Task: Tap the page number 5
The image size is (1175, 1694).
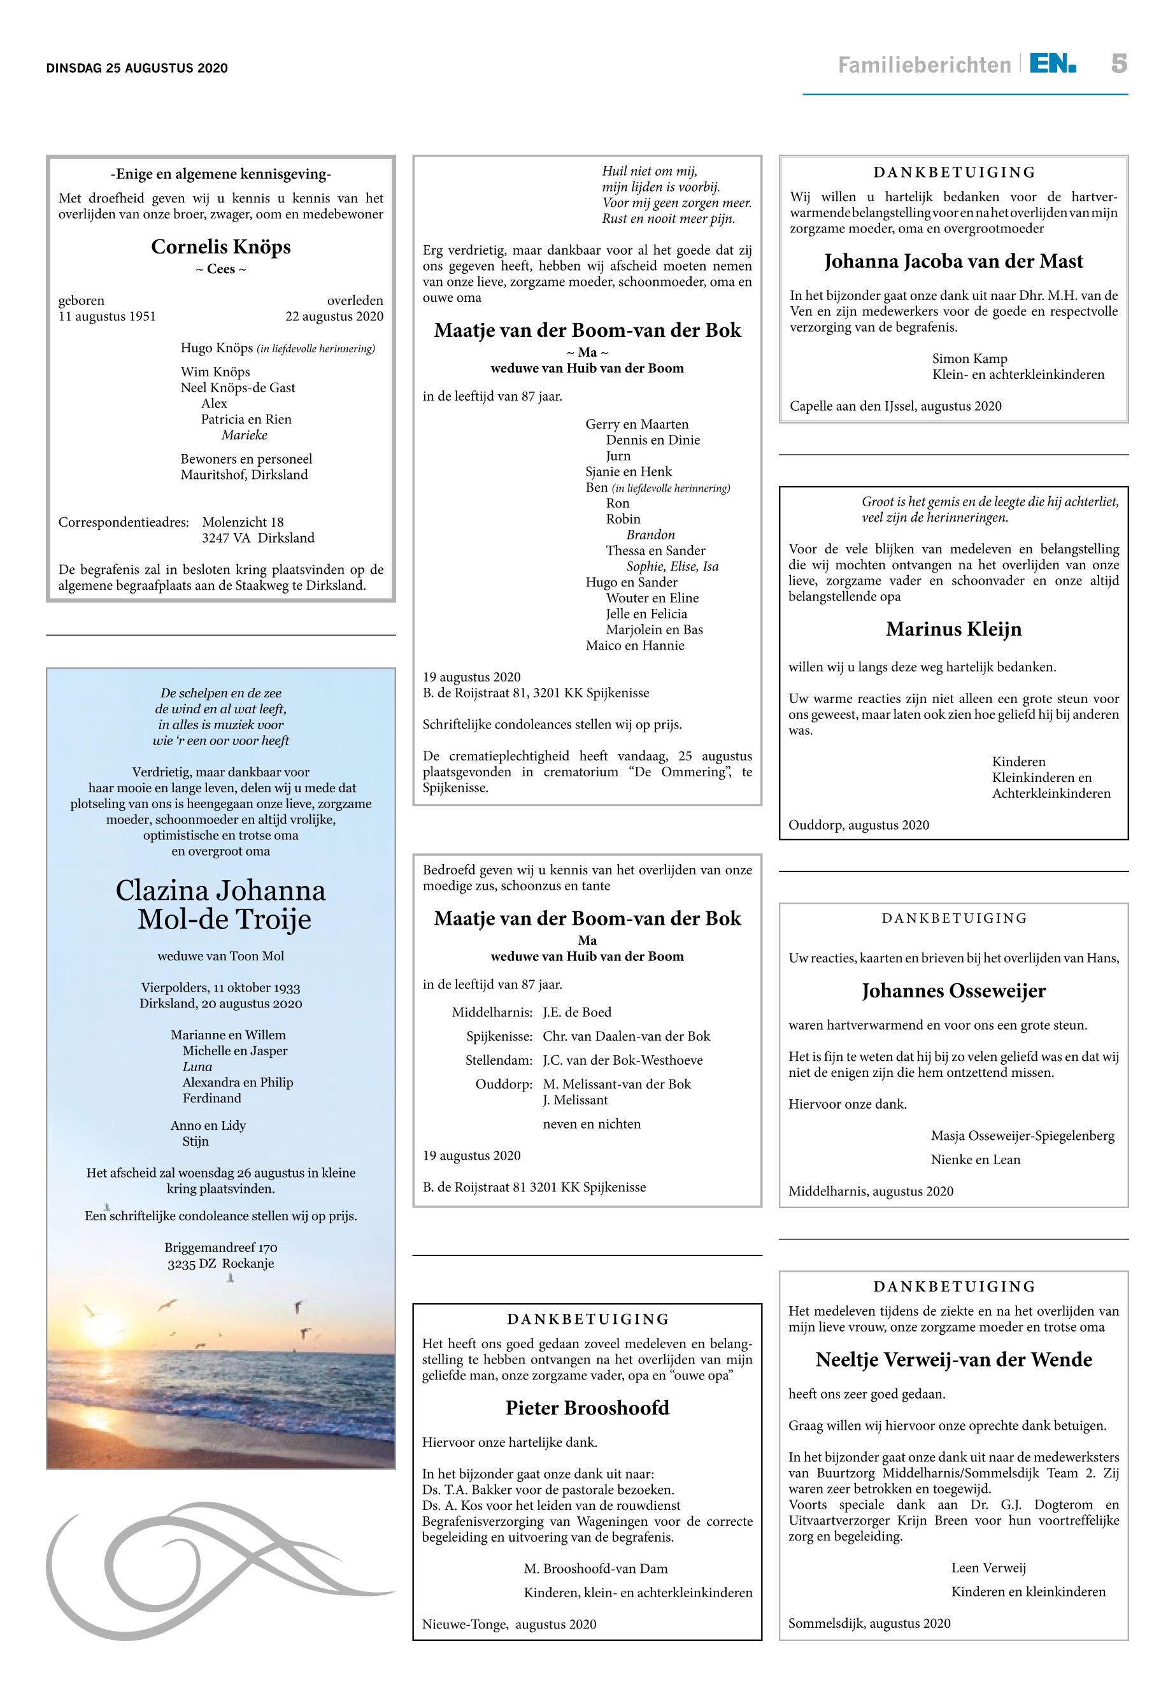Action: pos(1118,64)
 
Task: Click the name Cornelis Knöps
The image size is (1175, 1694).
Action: pos(221,246)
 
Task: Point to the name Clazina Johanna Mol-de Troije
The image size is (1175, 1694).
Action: pos(221,905)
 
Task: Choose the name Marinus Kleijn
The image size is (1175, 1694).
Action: pos(953,629)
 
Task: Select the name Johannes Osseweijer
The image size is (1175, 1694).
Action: pos(953,991)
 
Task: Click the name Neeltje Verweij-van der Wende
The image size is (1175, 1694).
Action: pos(953,1360)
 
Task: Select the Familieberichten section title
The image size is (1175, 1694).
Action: pos(924,66)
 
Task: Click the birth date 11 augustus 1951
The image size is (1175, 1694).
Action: pos(108,317)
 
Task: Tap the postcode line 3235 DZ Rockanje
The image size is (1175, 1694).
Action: pos(221,1264)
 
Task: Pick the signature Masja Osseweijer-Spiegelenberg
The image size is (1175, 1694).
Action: pos(1023,1136)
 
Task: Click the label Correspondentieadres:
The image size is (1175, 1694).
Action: pos(124,523)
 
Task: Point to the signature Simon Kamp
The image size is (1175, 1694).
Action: pos(969,359)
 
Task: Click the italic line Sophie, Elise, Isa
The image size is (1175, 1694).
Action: pos(672,566)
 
